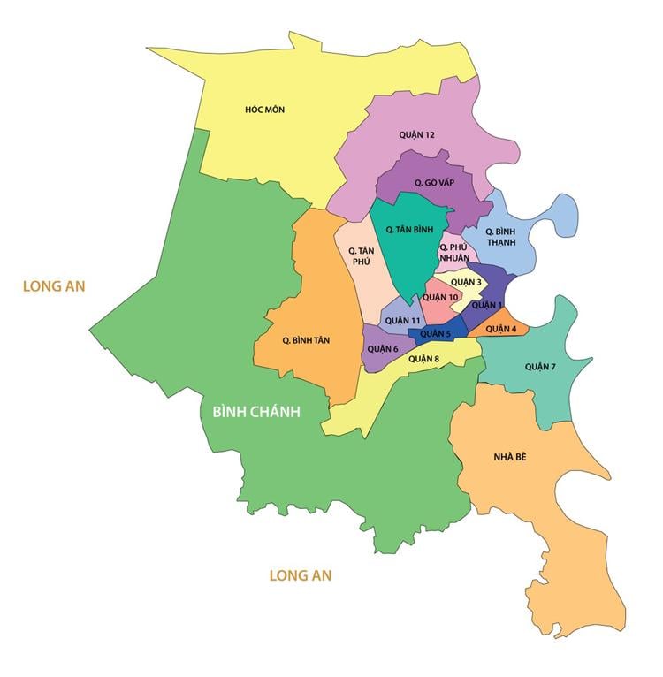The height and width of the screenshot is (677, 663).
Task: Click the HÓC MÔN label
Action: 264,110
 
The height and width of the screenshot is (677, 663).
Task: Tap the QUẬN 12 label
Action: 416,135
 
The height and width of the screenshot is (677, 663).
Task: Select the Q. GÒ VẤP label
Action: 434,182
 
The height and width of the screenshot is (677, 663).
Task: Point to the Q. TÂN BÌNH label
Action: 409,229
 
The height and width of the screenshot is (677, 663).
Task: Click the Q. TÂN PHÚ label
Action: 361,256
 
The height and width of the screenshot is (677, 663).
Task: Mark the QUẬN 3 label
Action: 466,283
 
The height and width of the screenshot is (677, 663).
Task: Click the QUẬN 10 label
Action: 440,297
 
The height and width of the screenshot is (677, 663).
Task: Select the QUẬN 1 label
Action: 486,305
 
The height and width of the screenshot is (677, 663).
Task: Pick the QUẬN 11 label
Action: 403,320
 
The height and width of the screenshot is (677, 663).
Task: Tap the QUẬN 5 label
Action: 436,334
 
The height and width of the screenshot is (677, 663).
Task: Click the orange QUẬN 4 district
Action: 500,329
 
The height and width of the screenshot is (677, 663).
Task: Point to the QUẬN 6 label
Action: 384,349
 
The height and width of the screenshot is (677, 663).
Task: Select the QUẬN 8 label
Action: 423,359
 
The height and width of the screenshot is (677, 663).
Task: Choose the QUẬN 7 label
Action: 540,366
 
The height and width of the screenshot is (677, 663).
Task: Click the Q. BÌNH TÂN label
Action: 306,340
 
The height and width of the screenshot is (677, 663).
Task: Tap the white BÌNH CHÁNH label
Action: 256,411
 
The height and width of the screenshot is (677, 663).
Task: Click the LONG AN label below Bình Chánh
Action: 300,575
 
